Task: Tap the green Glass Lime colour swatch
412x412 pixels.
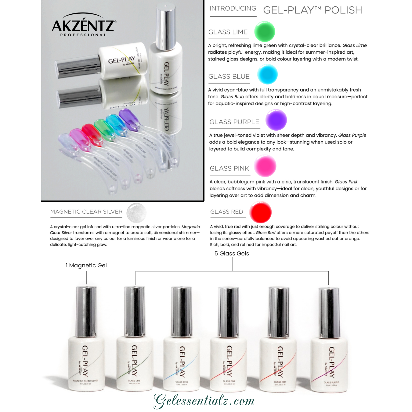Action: tap(265, 31)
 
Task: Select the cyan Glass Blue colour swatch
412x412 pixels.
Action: tap(267, 74)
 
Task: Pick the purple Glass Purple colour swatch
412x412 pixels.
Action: tap(276, 120)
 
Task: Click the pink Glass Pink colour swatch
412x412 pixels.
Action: tap(265, 166)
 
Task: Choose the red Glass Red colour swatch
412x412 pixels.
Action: tap(260, 212)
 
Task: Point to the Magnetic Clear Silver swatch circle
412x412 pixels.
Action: tap(136, 213)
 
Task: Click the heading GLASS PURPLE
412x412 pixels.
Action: tap(234, 122)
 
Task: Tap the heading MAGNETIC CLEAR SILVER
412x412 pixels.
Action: tap(86, 212)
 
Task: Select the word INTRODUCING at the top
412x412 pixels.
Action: tap(233, 9)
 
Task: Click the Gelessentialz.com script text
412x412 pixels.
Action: tap(204, 401)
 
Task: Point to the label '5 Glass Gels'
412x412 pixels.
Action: tap(232, 254)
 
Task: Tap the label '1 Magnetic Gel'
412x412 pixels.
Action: tap(86, 266)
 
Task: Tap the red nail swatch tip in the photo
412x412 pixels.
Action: tap(91, 135)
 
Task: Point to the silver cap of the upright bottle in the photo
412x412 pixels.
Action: tap(166, 26)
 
